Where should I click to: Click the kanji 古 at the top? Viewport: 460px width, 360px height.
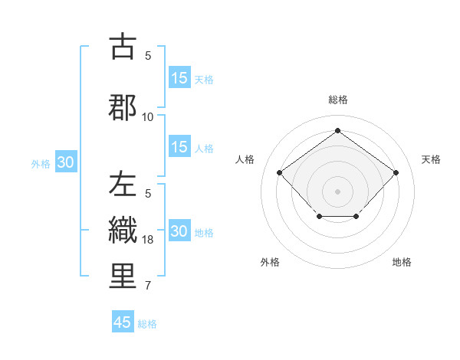pyautogui.click(x=123, y=47)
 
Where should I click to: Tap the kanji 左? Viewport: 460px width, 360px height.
pyautogui.click(x=123, y=184)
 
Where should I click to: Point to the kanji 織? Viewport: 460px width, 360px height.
pyautogui.click(x=123, y=231)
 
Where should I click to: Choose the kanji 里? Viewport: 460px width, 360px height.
pyautogui.click(x=123, y=277)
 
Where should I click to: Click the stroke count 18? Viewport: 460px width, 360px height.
pyautogui.click(x=149, y=240)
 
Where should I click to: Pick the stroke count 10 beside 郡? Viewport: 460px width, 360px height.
pyautogui.click(x=148, y=117)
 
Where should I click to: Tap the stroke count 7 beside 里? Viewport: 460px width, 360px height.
pyautogui.click(x=148, y=286)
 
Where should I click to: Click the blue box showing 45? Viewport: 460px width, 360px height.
pyautogui.click(x=123, y=322)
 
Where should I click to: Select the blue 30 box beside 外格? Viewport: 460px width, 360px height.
pyautogui.click(x=65, y=162)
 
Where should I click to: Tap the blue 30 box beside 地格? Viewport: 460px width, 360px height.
pyautogui.click(x=179, y=231)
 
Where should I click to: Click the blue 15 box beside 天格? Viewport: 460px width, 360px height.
pyautogui.click(x=179, y=78)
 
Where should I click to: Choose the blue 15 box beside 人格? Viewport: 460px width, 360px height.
pyautogui.click(x=179, y=147)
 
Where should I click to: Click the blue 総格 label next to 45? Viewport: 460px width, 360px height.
pyautogui.click(x=147, y=324)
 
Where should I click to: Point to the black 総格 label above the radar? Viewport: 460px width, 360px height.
pyautogui.click(x=337, y=100)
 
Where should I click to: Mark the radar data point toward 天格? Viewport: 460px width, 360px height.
pyautogui.click(x=396, y=172)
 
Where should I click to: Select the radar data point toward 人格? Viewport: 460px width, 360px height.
pyautogui.click(x=280, y=172)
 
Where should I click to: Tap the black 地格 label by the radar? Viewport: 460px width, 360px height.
pyautogui.click(x=402, y=262)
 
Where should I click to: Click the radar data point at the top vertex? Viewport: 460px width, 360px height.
pyautogui.click(x=337, y=130)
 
